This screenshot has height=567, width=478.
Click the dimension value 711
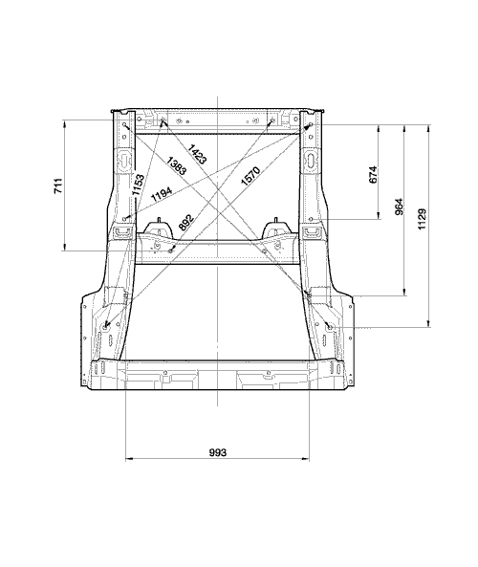58,185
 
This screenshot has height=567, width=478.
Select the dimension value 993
218,452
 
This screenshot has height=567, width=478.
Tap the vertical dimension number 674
374,174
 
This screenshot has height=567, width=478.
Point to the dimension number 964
399,207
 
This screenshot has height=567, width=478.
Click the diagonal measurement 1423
198,154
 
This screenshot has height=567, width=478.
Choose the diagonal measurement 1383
177,166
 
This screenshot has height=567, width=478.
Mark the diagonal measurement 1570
250,176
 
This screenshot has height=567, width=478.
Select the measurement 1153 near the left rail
138,185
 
